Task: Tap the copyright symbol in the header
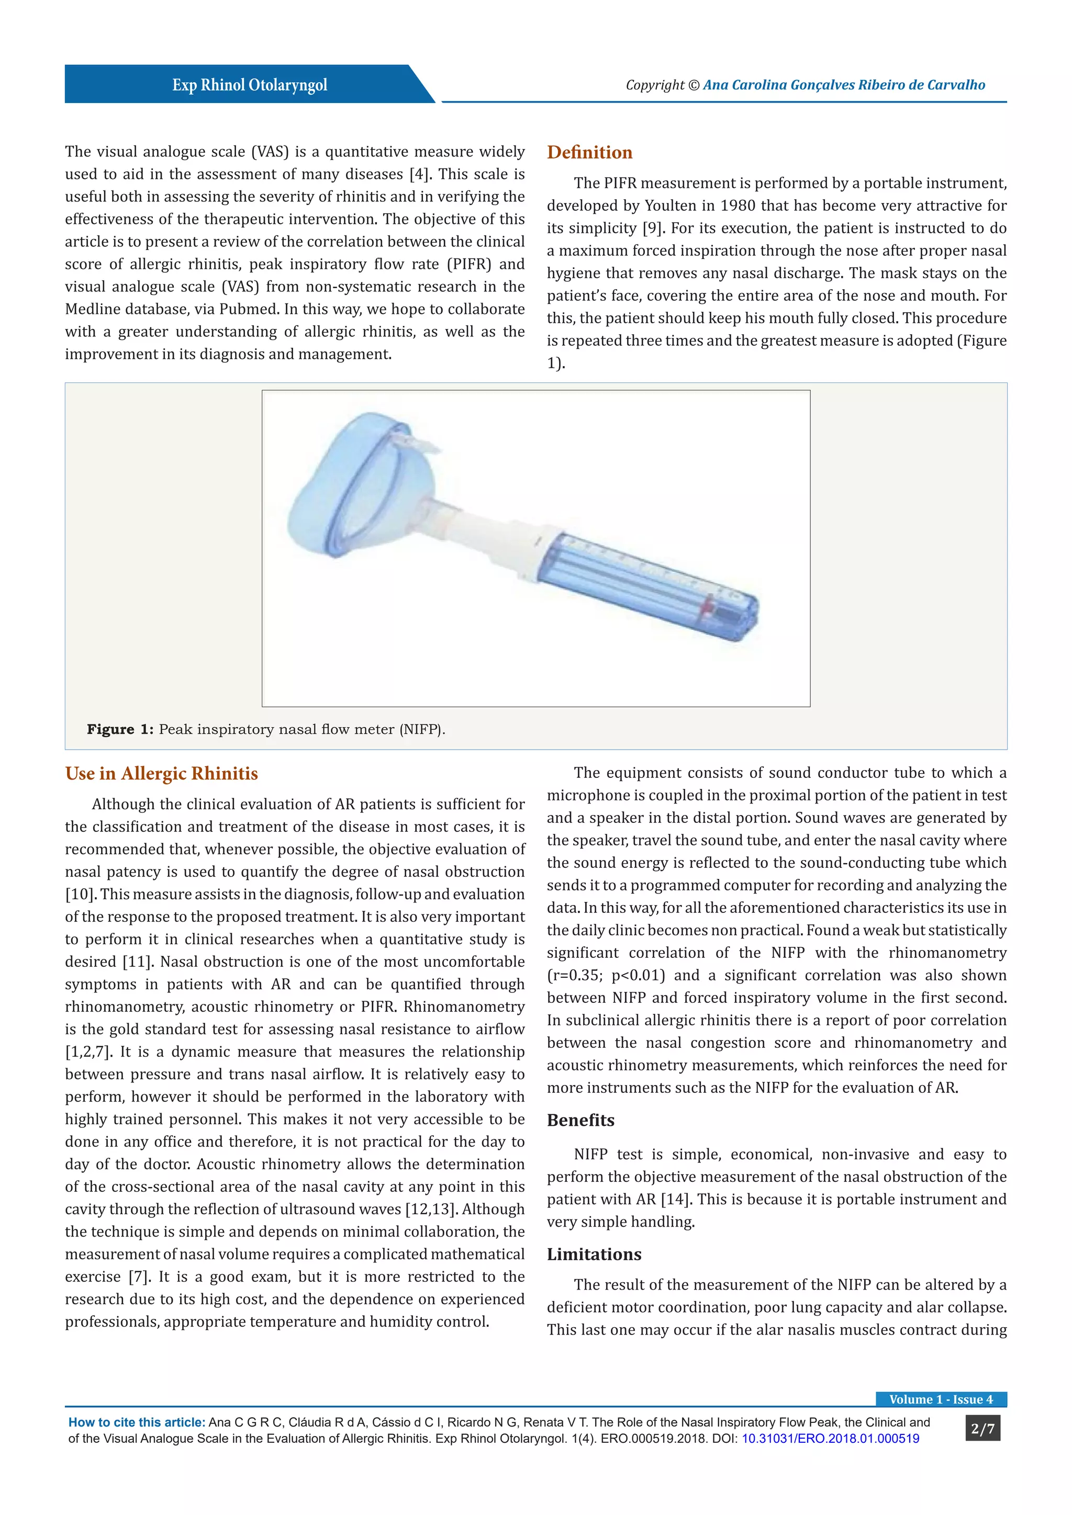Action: (x=693, y=85)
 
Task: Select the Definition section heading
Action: (x=589, y=152)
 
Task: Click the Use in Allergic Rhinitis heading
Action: (x=162, y=773)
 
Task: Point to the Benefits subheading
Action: (x=580, y=1120)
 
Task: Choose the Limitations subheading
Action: (x=594, y=1254)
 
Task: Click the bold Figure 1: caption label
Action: (x=120, y=729)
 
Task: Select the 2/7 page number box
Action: (x=982, y=1429)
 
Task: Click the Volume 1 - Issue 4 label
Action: (x=941, y=1399)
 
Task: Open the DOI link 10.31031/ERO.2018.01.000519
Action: (x=830, y=1439)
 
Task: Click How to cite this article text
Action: (x=137, y=1422)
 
